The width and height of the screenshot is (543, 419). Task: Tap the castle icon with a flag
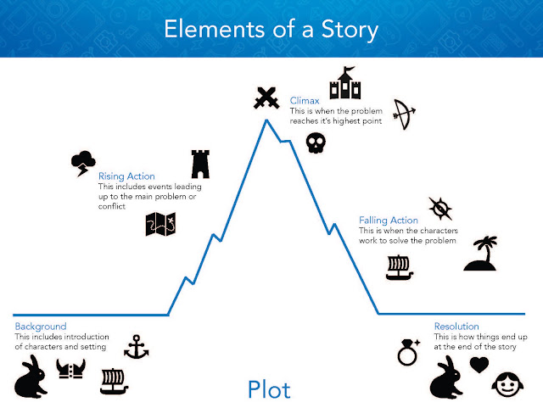coord(345,85)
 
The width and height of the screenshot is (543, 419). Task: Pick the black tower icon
coord(200,163)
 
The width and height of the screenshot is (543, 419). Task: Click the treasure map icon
coord(160,224)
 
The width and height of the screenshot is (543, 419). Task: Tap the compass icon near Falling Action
coord(439,208)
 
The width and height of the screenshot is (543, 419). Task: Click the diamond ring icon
coord(410,350)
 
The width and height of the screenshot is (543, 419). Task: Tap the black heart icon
coord(480,365)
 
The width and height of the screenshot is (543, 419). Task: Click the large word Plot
coord(269,389)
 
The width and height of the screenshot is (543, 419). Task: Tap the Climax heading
coord(304,100)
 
